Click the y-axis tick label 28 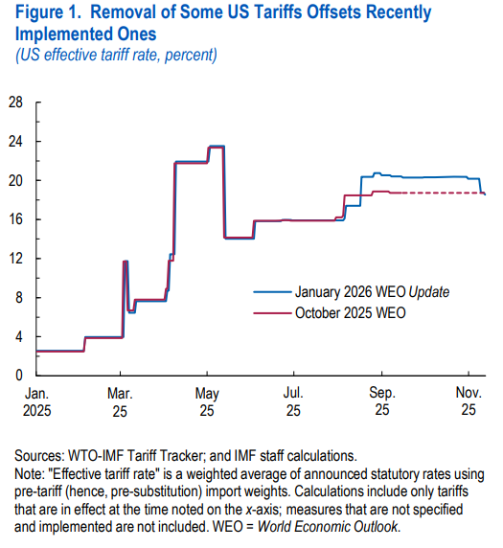pos(17,103)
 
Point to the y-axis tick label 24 pos(17,142)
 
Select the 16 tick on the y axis pos(17,219)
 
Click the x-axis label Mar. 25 pos(121,400)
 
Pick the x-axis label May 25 pos(207,400)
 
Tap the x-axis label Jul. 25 pos(293,400)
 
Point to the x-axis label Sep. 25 pos(381,400)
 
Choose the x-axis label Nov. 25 pos(468,400)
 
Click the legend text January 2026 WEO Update pos(372,290)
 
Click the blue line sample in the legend pos(271,290)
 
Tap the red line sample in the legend pos(271,313)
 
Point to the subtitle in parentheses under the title pos(116,54)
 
